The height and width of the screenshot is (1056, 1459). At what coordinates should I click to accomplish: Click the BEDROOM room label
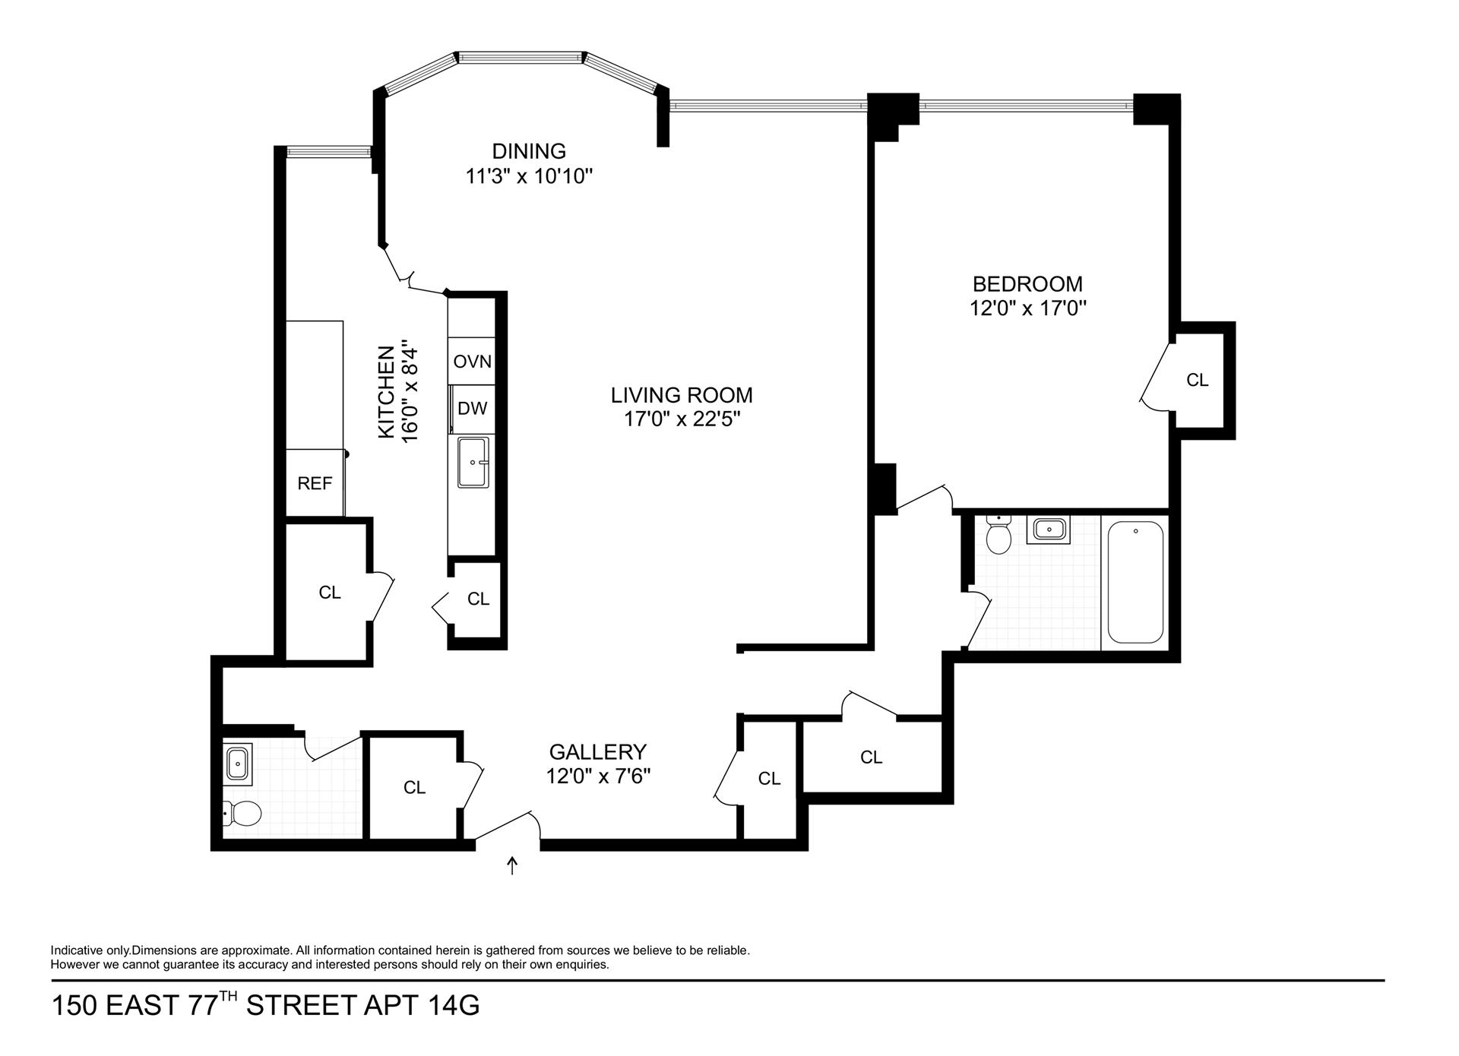point(1027,284)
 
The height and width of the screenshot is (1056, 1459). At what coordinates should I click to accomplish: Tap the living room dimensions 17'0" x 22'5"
point(682,419)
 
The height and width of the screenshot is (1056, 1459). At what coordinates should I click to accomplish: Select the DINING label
point(529,151)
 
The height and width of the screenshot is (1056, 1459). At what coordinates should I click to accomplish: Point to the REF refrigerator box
point(315,483)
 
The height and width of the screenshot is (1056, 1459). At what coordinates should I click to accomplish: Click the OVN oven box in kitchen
point(472,362)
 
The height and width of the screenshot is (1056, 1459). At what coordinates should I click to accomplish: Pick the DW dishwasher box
point(472,409)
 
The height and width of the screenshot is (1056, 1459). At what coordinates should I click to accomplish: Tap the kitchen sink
point(473,462)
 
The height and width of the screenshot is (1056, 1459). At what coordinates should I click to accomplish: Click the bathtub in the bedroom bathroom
point(1135,581)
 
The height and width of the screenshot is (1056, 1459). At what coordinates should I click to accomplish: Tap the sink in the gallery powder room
point(239,763)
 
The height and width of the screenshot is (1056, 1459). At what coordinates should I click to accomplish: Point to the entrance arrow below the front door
point(512,865)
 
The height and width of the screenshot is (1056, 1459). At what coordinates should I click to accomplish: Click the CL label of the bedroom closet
point(1197,380)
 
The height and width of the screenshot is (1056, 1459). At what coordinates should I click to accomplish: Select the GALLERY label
point(597,752)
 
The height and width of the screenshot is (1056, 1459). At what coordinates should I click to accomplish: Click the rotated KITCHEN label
point(387,392)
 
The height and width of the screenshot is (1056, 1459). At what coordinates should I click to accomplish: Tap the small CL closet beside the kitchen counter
point(478,599)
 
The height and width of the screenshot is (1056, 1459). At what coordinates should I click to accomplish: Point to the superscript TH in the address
point(229,997)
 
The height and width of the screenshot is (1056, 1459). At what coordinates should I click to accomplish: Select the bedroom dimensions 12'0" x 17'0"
point(1027,309)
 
